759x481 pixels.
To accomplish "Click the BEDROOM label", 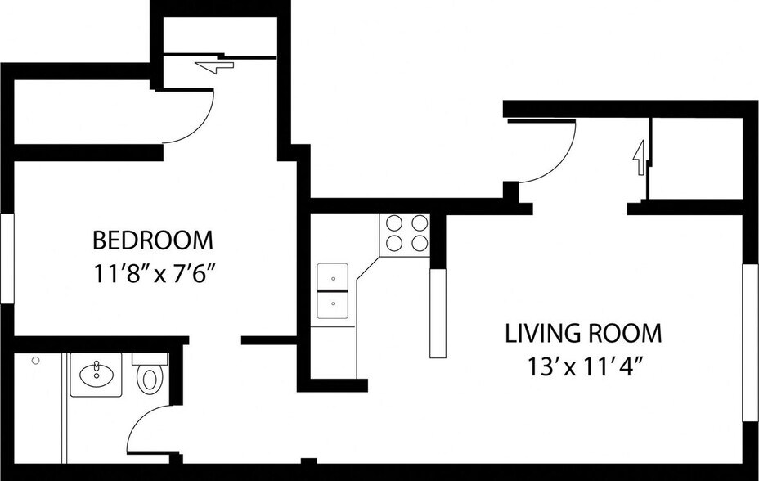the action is [152, 240].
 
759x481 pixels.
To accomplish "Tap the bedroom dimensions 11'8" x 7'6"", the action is [154, 275].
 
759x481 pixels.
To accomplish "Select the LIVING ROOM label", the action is [583, 334].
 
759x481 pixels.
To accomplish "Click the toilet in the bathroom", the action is [150, 379].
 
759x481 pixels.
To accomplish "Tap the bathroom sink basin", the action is [97, 375].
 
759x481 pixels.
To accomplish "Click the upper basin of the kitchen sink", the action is [333, 276].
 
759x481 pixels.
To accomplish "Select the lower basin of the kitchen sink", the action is [333, 305].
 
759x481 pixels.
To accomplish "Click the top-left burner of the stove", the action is [394, 223].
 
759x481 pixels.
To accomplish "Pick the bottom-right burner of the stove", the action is [420, 243].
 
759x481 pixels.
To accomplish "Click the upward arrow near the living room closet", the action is [640, 158].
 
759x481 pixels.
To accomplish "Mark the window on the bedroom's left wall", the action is [7, 258].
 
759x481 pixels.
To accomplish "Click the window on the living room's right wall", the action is [750, 343].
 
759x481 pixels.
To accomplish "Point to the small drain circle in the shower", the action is [35, 360].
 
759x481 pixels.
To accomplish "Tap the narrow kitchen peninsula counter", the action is [438, 313].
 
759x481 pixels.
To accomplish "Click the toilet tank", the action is [150, 358].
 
